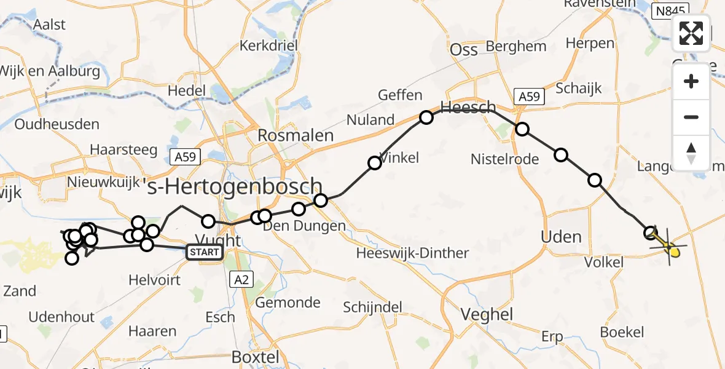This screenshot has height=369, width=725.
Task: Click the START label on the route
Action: [x=203, y=252]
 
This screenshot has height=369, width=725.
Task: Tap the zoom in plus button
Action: [x=691, y=81]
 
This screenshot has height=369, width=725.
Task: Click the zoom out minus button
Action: [x=691, y=117]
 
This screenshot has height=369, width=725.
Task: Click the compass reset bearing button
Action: [x=691, y=153]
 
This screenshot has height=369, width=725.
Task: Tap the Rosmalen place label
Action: [x=296, y=136]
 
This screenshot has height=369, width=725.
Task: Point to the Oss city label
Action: [x=464, y=50]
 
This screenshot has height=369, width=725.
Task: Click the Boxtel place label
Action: [x=255, y=357]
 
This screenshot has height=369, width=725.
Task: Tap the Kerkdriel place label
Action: [x=268, y=46]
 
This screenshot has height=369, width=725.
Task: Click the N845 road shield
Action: [x=669, y=11]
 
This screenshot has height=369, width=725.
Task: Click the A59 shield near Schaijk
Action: [x=528, y=97]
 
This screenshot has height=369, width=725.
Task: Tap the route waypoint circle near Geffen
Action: [x=426, y=117]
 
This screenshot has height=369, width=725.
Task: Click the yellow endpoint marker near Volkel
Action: [x=674, y=251]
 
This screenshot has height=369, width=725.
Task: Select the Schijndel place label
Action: [x=372, y=307]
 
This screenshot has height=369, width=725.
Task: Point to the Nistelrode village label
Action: [x=504, y=159]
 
